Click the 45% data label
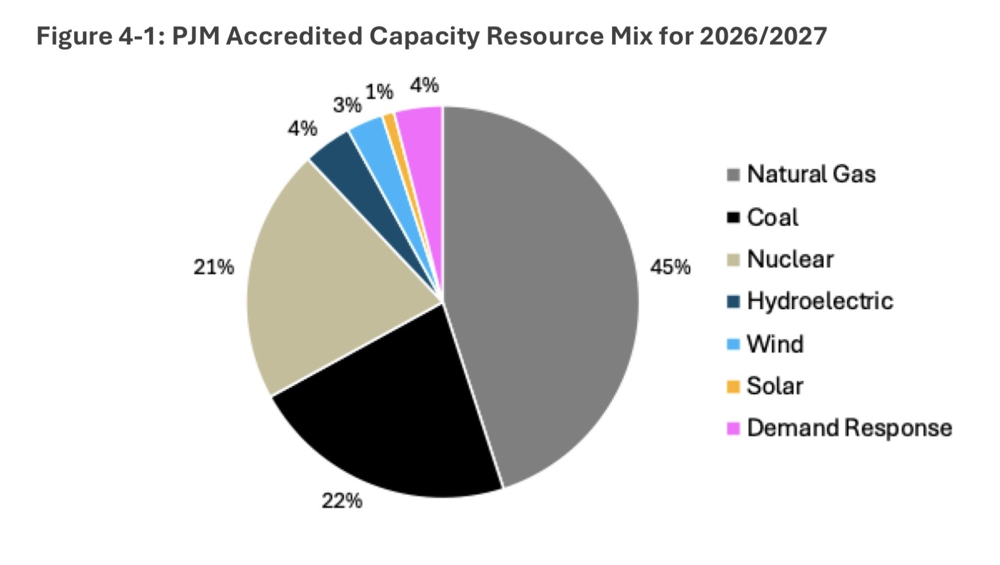(x=670, y=267)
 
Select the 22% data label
(x=342, y=501)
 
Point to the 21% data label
(x=213, y=267)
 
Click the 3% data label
(x=347, y=105)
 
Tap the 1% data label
(x=380, y=92)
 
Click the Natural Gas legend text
(x=810, y=175)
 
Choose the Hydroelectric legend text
(x=819, y=302)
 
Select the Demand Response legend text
(x=849, y=429)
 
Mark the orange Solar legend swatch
(x=733, y=387)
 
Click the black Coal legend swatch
(x=733, y=217)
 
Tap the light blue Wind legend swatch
(x=733, y=344)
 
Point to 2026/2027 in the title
(x=762, y=36)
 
